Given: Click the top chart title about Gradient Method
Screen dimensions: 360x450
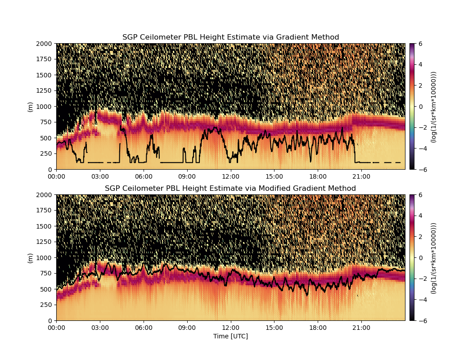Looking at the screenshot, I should coord(230,37).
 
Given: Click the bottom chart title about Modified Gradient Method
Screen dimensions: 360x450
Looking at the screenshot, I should coord(230,188).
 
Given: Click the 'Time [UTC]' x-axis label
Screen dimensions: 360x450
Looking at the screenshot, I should coord(230,336).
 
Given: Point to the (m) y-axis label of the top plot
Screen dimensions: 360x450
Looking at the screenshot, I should coord(30,107).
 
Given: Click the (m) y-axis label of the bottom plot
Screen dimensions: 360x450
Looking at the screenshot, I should coord(30,258).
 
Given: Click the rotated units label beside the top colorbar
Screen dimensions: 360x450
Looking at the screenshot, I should coord(433,107).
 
